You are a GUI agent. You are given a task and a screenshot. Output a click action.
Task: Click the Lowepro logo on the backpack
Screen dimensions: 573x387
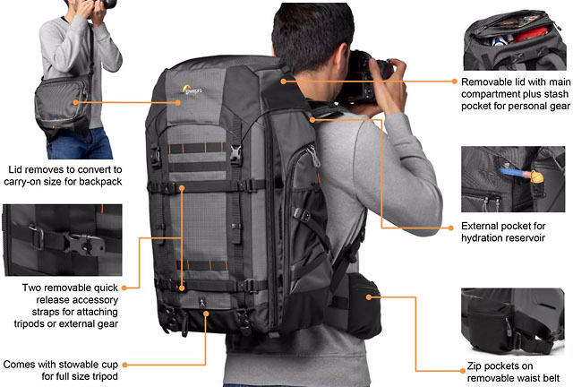tap(192, 90)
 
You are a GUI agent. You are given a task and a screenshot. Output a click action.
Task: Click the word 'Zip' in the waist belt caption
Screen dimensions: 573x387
tap(474, 366)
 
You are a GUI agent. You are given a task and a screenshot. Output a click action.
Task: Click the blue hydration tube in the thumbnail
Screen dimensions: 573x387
tap(512, 172)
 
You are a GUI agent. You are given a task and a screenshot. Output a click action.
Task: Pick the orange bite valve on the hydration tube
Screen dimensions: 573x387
tap(535, 177)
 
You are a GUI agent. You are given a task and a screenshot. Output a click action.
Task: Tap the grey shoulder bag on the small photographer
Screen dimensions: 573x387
tap(62, 105)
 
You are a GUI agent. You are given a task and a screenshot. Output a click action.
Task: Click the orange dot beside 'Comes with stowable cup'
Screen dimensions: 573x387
tap(124, 365)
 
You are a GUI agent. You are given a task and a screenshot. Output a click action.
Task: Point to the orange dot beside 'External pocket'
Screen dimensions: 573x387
tap(450, 228)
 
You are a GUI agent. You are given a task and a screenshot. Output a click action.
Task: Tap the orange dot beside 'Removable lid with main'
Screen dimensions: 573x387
tap(454, 82)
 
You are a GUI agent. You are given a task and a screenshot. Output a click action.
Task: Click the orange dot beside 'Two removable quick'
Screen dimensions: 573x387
tap(124, 288)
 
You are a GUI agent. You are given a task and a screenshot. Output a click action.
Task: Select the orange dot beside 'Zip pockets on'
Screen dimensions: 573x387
tap(462, 371)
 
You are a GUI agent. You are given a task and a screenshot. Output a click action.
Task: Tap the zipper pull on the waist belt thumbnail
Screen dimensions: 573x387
tap(508, 322)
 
